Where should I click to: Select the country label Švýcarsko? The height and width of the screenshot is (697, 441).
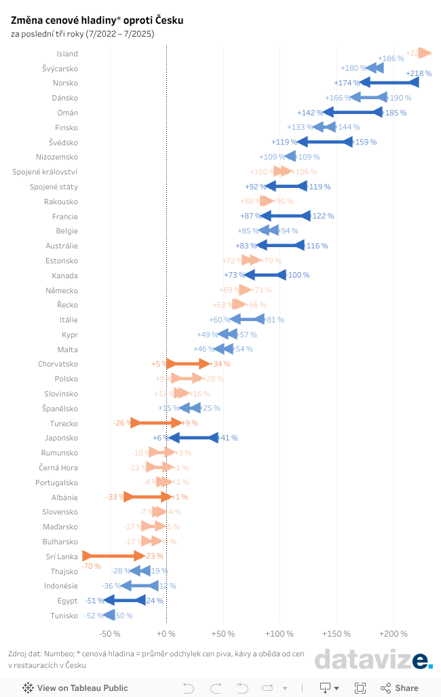60,69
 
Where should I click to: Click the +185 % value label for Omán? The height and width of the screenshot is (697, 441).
395,113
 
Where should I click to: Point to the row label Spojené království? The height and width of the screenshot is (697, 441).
45,172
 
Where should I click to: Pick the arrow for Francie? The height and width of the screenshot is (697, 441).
285,216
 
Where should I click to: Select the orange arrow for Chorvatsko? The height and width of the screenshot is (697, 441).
187,364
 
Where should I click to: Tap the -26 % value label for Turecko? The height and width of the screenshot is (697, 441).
122,423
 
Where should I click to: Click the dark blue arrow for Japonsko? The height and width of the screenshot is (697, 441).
193,438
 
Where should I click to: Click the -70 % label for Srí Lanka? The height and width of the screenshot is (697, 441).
91,566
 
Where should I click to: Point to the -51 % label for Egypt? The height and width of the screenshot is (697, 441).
94,601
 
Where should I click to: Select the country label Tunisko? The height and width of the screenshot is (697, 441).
64,616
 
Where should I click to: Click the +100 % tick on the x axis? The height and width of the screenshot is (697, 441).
280,633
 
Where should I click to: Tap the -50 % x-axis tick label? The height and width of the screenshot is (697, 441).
110,633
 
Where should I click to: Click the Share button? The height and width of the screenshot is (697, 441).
400,687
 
